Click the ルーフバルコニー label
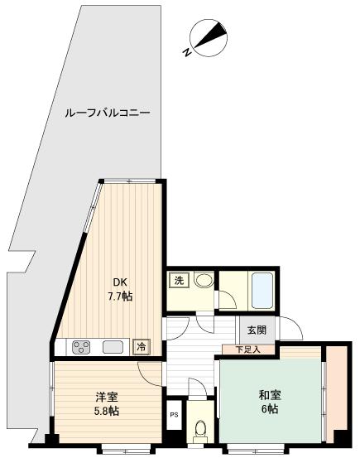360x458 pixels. [x=108, y=113]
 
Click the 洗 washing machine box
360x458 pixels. [x=179, y=280]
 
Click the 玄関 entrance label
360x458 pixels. [x=256, y=329]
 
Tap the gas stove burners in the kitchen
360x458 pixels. [x=83, y=347]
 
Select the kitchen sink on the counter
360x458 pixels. [x=113, y=347]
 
